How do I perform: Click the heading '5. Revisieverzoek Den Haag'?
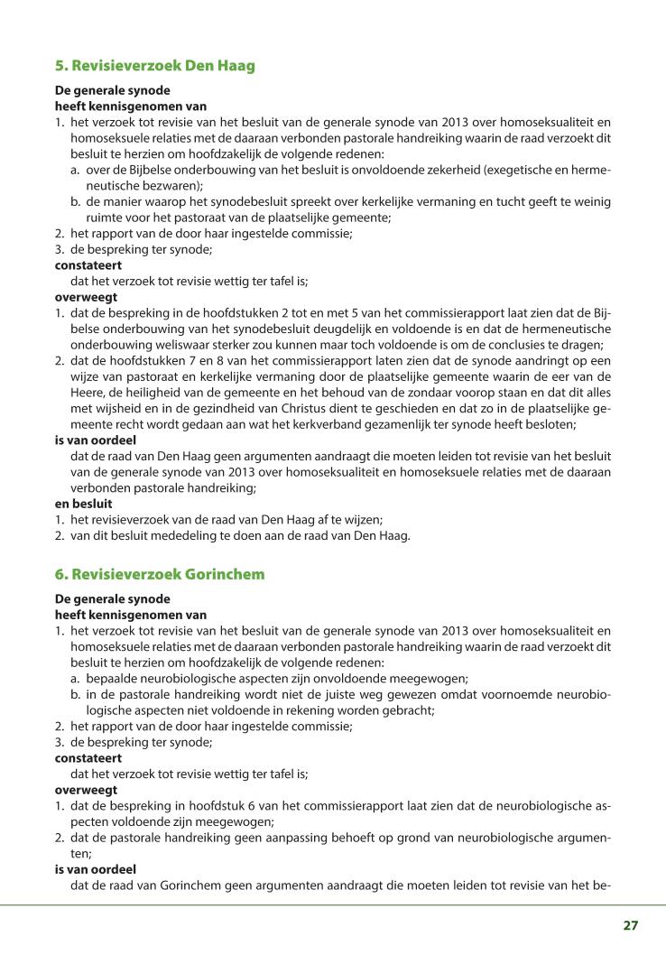(x=155, y=66)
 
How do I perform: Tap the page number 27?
(x=630, y=925)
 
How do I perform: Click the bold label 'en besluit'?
(x=83, y=505)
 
